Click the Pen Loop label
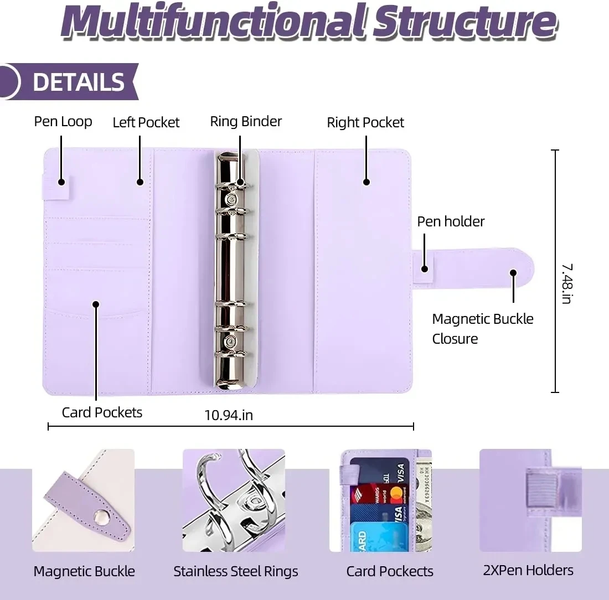pyautogui.click(x=63, y=122)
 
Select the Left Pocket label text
pyautogui.click(x=146, y=122)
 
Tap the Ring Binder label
pyautogui.click(x=246, y=122)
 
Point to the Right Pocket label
pyautogui.click(x=365, y=122)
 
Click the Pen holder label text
pyautogui.click(x=451, y=221)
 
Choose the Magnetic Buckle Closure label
pyautogui.click(x=482, y=329)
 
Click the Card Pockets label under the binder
pyautogui.click(x=102, y=412)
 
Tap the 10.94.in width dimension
pyautogui.click(x=229, y=415)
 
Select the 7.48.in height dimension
pyautogui.click(x=566, y=283)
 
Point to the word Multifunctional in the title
pyautogui.click(x=210, y=22)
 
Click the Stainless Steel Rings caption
pyautogui.click(x=236, y=571)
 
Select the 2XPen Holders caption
pyautogui.click(x=528, y=570)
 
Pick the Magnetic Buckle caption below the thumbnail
pyautogui.click(x=84, y=571)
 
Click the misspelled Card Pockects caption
pyautogui.click(x=390, y=571)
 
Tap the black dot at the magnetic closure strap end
pyautogui.click(x=513, y=273)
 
